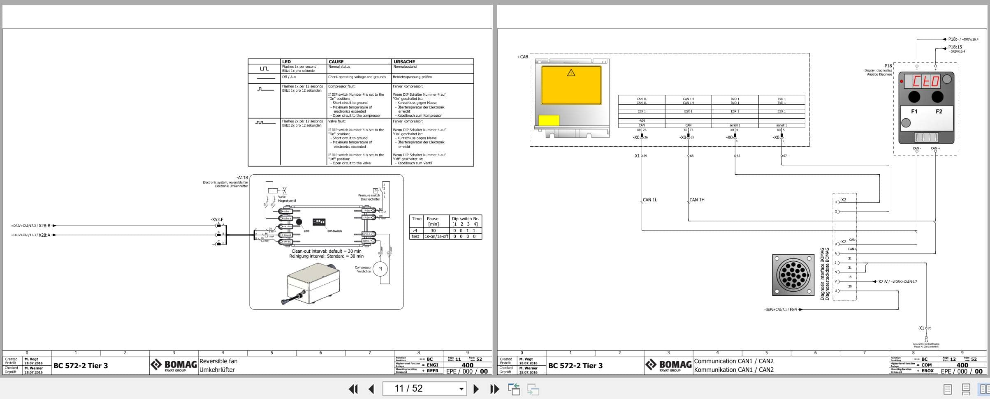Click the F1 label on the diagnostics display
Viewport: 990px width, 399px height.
coord(914,111)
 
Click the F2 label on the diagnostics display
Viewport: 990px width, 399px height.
coord(939,111)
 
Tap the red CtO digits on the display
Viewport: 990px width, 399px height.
coord(925,81)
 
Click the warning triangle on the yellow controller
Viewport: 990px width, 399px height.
coord(571,73)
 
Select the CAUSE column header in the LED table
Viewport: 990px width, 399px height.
coord(336,62)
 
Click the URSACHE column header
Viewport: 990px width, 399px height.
coord(404,62)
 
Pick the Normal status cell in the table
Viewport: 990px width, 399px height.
coord(339,67)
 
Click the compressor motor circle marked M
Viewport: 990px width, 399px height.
coord(380,269)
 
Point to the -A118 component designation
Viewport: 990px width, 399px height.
coord(242,178)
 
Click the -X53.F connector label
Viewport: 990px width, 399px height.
coord(217,220)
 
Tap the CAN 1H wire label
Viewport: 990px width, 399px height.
coord(697,200)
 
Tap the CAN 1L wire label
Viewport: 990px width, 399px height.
coord(650,200)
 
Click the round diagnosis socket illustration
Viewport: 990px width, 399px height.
coord(793,274)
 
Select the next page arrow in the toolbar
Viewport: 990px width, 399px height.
coord(476,389)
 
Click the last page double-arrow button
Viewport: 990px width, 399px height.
coord(494,389)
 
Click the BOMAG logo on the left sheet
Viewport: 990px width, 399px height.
coord(174,365)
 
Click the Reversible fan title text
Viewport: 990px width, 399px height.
coord(218,361)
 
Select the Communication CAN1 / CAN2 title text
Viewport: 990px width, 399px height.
coord(734,361)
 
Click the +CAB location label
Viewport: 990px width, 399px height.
coord(522,57)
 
